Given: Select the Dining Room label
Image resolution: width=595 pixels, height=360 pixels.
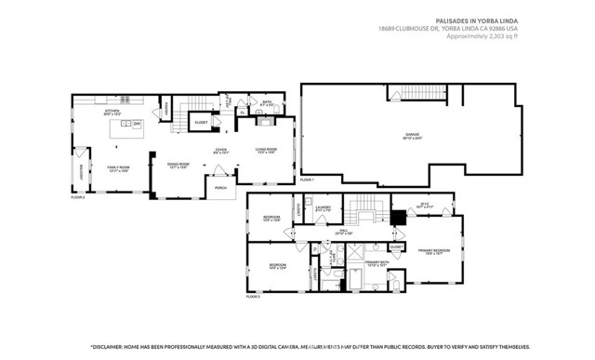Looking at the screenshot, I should pos(178,166).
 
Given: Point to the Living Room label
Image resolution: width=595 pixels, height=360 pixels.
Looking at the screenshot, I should pos(268,150).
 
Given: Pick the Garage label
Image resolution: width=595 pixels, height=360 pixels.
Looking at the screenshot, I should pos(412,136).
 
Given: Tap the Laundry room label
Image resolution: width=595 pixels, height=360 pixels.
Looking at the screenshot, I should pos(323,208).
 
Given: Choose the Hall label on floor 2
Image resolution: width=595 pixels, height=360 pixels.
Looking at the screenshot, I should pos(342,231).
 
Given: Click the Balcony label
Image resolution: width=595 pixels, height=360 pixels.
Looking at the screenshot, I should pos(81,173).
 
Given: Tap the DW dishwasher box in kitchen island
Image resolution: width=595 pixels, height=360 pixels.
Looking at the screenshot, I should pos(137,124).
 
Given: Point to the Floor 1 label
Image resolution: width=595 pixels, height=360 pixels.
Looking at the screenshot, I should pos(307,179).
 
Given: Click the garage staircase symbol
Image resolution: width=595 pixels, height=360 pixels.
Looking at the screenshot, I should pos(405,92).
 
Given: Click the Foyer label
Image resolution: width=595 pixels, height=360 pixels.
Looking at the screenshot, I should pos(222,150).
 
